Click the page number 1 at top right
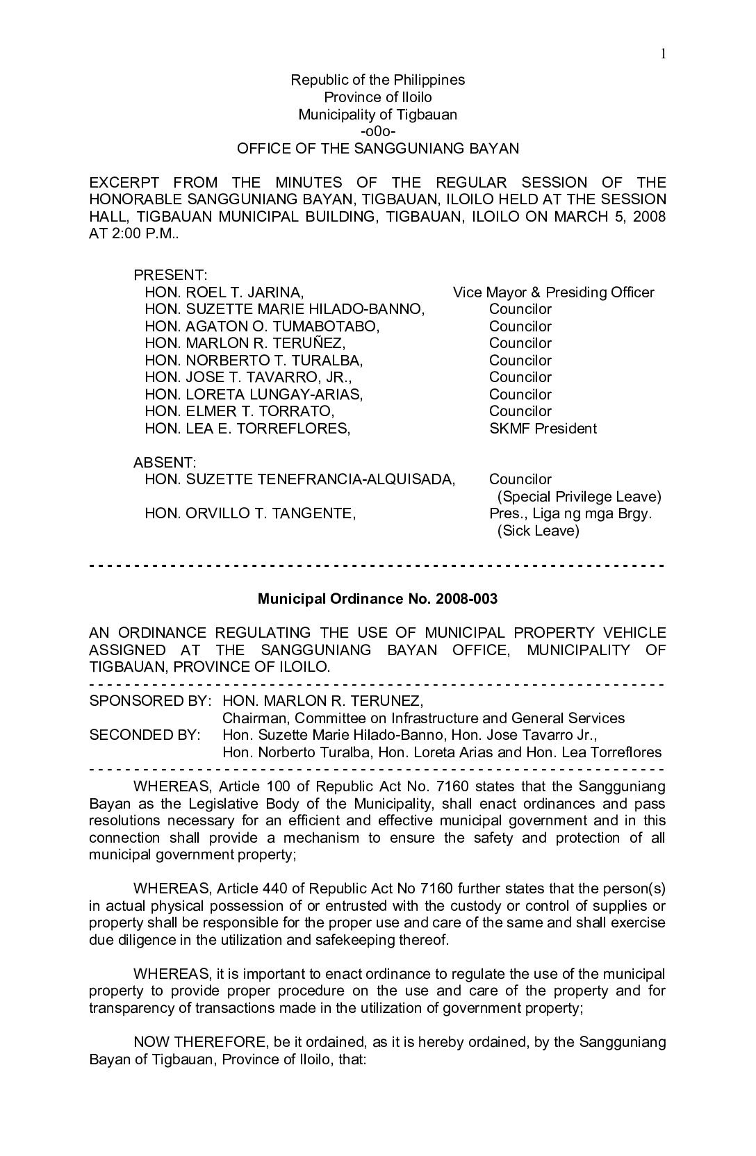[664, 54]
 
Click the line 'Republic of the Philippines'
[377, 80]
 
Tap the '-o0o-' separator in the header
[377, 131]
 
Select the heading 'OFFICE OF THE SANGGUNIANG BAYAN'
[377, 148]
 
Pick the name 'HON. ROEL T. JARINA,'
[224, 292]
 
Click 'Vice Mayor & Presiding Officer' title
[553, 292]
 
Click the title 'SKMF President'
[543, 429]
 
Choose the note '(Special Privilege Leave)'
[579, 497]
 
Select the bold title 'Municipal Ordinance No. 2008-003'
[377, 599]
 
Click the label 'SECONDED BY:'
[145, 735]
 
